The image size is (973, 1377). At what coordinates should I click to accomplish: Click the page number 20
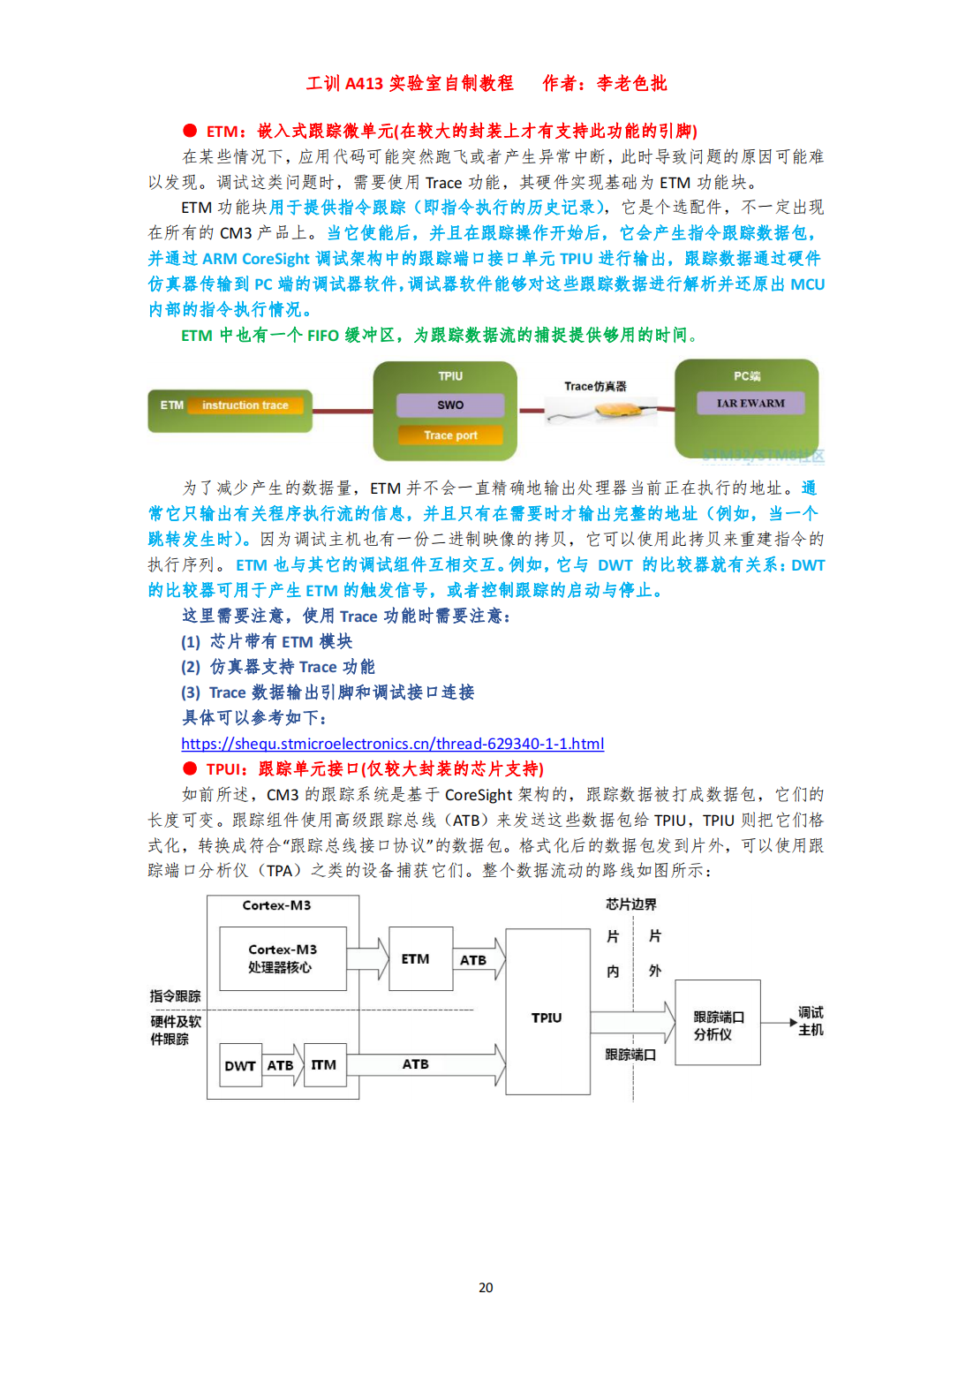486,1288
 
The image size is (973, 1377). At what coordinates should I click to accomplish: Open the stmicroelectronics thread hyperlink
392,744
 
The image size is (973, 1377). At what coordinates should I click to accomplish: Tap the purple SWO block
450,405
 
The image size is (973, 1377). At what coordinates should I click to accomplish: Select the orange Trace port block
450,435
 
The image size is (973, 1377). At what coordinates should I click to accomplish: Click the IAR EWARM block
750,404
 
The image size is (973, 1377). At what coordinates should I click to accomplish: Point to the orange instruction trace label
245,405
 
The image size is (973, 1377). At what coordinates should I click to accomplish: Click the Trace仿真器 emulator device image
600,411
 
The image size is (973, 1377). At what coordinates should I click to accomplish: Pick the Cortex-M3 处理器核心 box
283,958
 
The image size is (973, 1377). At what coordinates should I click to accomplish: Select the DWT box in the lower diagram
239,1066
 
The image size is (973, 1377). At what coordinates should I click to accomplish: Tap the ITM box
324,1065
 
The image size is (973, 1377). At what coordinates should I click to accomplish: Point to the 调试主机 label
811,1021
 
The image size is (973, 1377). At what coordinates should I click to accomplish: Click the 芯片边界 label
630,904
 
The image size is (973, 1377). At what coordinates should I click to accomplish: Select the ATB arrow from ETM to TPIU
478,960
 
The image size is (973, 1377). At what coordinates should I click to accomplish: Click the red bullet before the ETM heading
190,131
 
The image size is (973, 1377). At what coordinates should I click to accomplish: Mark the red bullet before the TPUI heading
190,768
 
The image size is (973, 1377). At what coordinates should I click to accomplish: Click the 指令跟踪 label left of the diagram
175,996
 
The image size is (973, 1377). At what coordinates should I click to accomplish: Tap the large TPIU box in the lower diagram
547,1018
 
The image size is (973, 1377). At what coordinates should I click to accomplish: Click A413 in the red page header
364,84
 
